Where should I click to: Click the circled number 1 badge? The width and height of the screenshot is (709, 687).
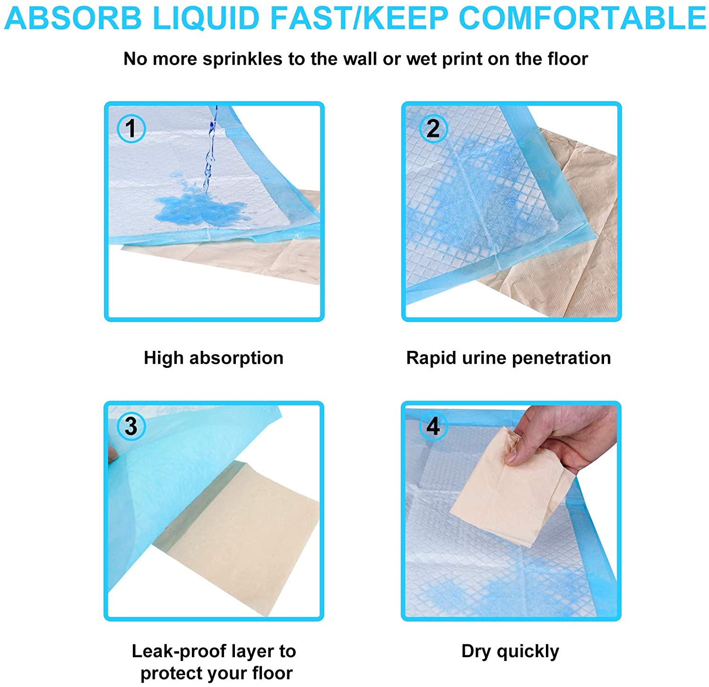coord(131,128)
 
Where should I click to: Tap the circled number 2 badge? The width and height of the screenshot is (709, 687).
coord(432,128)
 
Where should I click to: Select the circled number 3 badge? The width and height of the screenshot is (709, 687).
coord(131,426)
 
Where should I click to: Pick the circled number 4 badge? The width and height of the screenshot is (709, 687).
coord(432,426)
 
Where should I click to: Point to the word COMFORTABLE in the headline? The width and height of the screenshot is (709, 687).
coord(582,18)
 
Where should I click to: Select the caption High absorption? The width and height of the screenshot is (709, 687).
coord(214,358)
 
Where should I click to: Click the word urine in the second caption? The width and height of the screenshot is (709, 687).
coord(484,358)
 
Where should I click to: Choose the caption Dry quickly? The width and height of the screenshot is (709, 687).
coord(510,652)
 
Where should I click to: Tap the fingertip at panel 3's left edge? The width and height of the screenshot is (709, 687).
coord(112,455)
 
